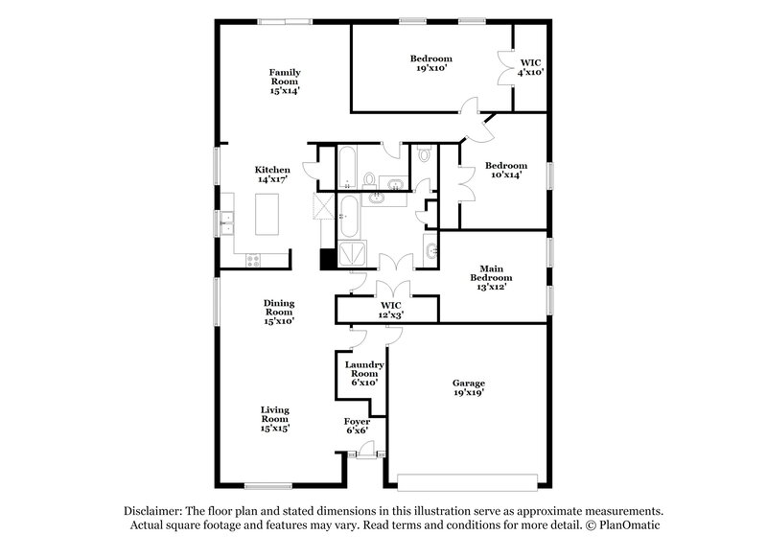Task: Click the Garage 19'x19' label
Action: pos(469,387)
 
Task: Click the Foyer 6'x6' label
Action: pos(358,426)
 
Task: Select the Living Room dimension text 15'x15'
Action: pos(275,429)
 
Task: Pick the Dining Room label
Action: pos(278,312)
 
